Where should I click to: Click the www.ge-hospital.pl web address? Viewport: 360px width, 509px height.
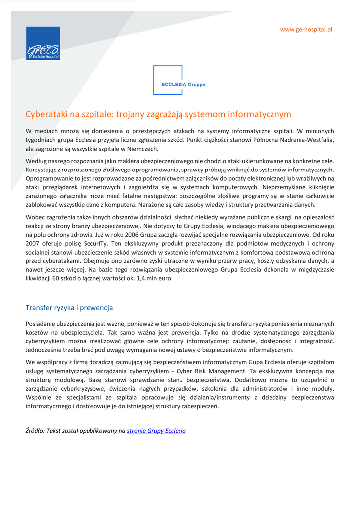[306, 30]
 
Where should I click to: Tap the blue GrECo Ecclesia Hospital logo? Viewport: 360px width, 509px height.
[43, 43]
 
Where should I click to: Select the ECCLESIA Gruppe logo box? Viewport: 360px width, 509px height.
[180, 81]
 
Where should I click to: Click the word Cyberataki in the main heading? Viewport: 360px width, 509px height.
[47, 115]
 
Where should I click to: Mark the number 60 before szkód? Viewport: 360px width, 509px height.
[56, 279]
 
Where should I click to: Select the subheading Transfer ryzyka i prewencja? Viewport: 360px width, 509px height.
[70, 308]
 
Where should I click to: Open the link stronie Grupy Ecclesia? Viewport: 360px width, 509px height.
[156, 431]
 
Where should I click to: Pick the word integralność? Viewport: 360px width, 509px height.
[316, 341]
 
